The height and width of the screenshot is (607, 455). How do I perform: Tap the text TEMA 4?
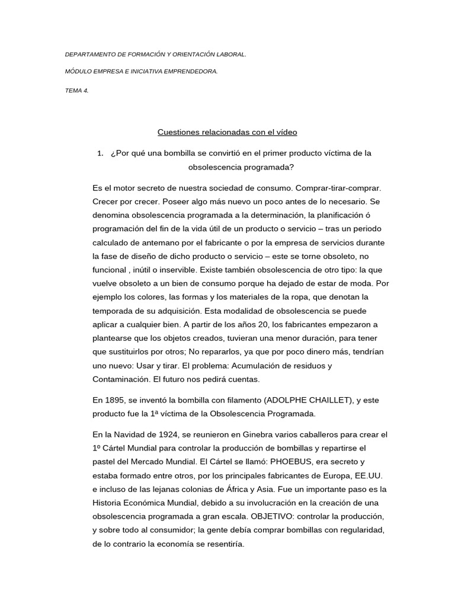coord(76,90)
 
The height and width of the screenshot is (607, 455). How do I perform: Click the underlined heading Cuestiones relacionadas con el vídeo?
coord(227,132)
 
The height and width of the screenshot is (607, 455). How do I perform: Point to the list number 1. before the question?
coord(100,153)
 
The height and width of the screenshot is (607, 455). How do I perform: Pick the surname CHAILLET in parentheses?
coord(329,401)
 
